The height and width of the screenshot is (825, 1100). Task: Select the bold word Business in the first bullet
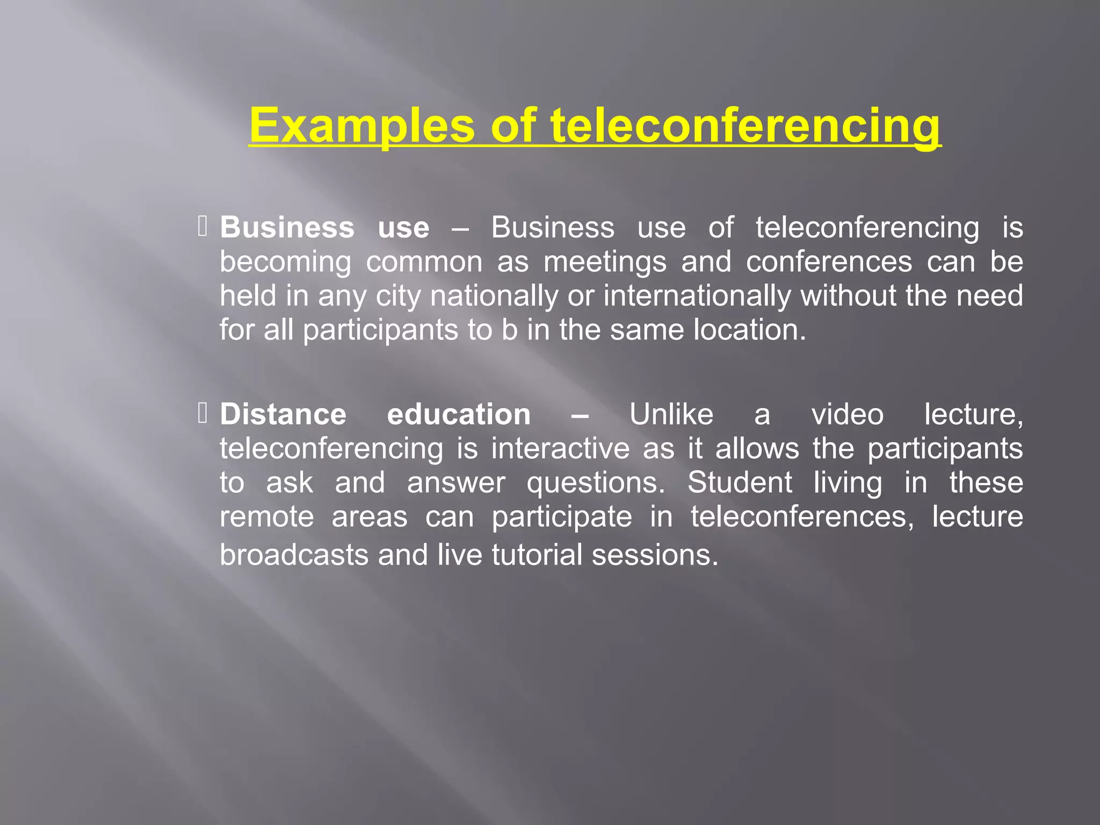[287, 227]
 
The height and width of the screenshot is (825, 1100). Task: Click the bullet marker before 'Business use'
[202, 226]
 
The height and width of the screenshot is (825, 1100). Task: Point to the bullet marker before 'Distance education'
[202, 414]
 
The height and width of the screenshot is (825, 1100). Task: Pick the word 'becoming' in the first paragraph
[285, 262]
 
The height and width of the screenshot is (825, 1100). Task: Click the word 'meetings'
[605, 262]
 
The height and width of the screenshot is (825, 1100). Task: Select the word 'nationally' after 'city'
[494, 296]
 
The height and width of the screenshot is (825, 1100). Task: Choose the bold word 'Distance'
[283, 415]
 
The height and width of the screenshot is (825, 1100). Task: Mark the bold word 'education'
[459, 415]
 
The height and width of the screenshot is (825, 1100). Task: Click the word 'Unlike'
[671, 415]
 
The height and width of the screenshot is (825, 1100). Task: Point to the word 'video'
[847, 415]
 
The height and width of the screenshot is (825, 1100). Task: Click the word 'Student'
[740, 482]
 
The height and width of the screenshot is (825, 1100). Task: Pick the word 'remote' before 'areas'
[267, 517]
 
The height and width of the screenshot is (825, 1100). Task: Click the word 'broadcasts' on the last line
[294, 554]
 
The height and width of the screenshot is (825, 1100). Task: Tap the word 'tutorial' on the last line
[537, 554]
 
